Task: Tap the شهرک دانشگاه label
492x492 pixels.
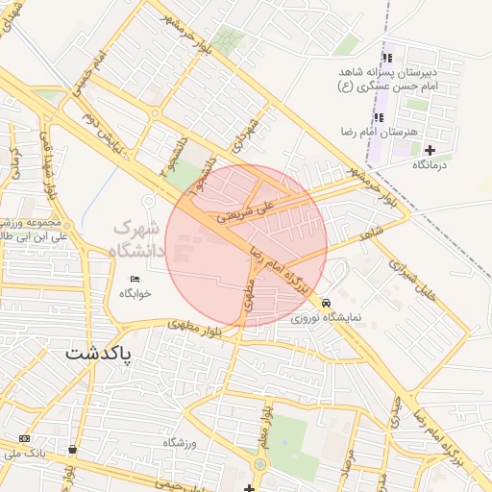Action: (139, 239)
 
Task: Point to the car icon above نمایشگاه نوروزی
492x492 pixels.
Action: (328, 301)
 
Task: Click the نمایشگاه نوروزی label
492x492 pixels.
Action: (328, 316)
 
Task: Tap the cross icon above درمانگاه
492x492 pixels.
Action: (430, 150)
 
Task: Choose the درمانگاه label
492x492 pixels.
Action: (432, 165)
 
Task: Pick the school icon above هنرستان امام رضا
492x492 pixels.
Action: (378, 117)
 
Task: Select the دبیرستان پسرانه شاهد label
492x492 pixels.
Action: (392, 72)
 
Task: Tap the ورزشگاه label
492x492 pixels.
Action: (179, 442)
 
